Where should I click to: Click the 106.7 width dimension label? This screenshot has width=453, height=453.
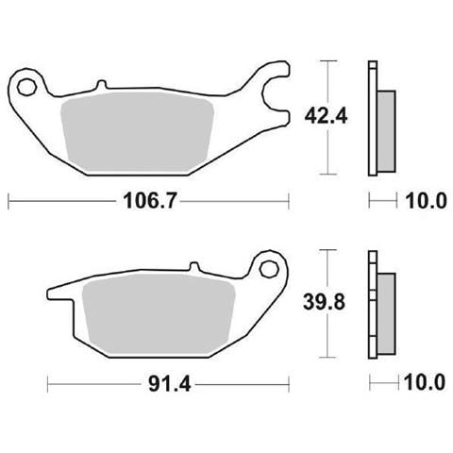150,200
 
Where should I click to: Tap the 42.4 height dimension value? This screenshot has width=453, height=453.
326,117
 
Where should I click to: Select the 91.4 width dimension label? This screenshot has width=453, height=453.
170,384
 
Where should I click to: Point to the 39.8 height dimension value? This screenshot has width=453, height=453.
324,302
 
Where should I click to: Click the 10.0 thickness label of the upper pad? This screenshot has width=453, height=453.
426,201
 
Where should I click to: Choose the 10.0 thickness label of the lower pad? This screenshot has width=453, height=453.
425,382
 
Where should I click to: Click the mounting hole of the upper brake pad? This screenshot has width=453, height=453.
26,87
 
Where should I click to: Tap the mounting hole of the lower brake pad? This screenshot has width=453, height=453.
268,269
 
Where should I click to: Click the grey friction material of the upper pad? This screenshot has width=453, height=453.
139,131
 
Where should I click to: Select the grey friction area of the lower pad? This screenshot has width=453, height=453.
159,313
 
